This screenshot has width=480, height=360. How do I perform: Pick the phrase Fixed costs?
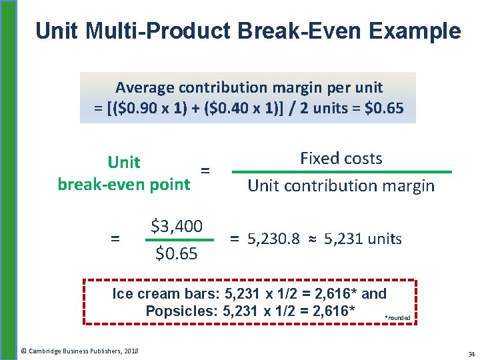(341, 159)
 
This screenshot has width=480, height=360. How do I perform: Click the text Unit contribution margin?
(341, 186)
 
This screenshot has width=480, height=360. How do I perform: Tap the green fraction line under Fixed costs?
(341, 172)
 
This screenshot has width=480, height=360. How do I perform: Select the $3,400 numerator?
(177, 226)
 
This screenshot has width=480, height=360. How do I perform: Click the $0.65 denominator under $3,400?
(177, 253)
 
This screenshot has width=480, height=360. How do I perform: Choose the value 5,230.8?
(273, 239)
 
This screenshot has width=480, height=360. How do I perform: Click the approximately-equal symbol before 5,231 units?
(311, 239)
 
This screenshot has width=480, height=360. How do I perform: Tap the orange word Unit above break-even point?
(124, 162)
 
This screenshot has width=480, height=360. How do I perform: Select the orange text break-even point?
(124, 184)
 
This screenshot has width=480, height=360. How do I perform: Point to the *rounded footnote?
(398, 318)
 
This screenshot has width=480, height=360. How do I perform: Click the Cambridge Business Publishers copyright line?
(79, 351)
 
